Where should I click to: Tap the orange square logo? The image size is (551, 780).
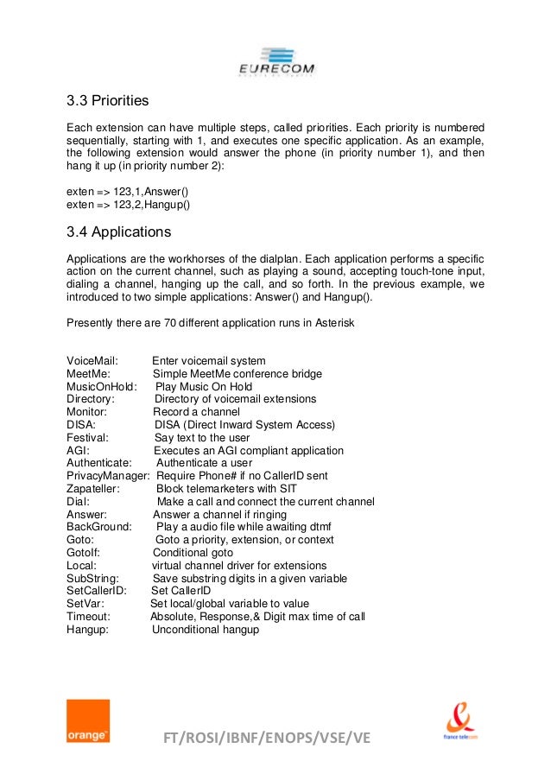tap(88, 720)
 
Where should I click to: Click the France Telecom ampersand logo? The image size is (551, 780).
tap(460, 719)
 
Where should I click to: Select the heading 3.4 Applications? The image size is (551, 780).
tap(118, 232)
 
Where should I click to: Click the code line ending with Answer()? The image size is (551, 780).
tap(127, 193)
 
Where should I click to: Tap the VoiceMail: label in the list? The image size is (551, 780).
tap(92, 361)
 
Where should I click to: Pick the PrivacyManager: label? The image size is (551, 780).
tap(107, 476)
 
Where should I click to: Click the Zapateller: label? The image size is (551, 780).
tap(93, 489)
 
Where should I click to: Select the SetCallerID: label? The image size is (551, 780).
tap(97, 591)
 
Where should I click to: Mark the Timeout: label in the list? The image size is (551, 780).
tap(88, 617)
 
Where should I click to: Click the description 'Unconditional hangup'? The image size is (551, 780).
tap(206, 630)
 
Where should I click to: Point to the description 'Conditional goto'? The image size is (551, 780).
tap(193, 553)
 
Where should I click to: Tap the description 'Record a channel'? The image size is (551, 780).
tap(196, 412)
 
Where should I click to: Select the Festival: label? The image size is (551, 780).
tap(87, 438)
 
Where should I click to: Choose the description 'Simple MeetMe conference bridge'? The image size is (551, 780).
tap(237, 374)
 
